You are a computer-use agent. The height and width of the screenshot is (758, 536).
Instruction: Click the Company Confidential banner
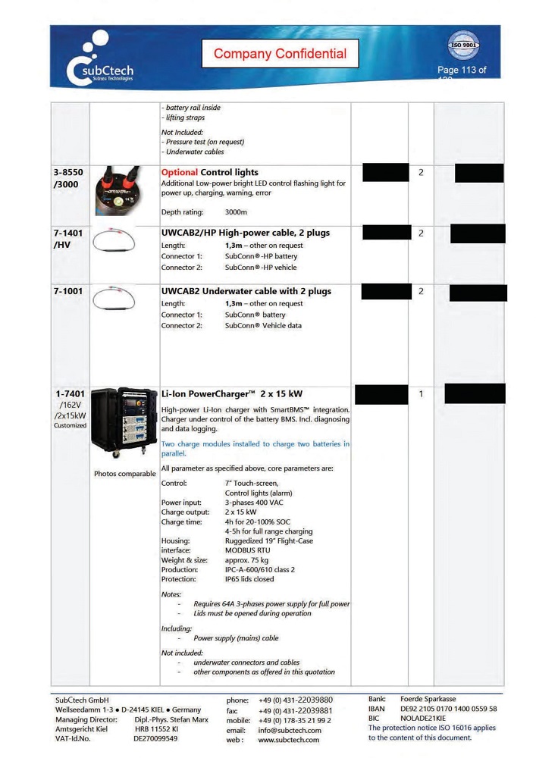(280, 54)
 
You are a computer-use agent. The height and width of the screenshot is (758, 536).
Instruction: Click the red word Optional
(179, 173)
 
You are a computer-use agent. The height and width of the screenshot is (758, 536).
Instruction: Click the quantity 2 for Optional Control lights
(421, 173)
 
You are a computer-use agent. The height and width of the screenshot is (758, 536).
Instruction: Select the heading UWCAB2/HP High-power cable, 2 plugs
(246, 233)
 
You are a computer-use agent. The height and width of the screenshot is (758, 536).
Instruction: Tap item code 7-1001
(69, 291)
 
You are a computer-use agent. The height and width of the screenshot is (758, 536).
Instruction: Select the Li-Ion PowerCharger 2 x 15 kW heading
(232, 394)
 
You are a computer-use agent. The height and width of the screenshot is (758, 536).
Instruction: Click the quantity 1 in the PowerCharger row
(421, 394)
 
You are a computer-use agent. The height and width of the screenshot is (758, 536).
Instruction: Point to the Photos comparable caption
(125, 474)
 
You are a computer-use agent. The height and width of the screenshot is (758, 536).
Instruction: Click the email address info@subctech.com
(290, 730)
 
